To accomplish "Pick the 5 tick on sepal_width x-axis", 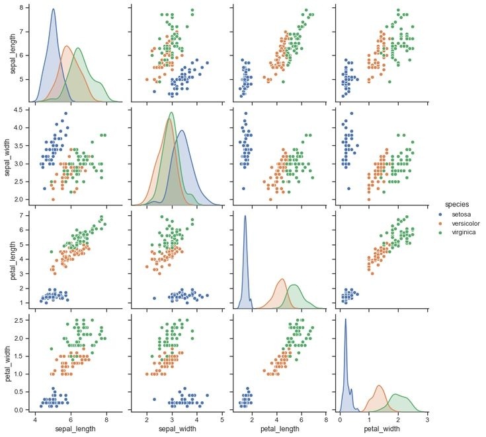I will point(222,419).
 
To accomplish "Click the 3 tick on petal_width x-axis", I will point(427,419).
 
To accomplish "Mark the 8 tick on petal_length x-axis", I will point(325,419).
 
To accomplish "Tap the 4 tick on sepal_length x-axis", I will point(35,419).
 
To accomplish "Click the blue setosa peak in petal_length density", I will point(245,216).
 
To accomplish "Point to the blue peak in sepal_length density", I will point(53,9).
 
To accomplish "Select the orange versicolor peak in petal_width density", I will point(379,386).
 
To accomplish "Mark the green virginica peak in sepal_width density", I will point(172,112).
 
